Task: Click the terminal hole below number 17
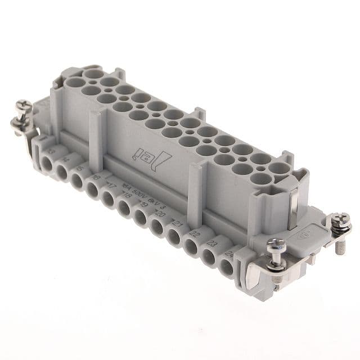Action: tap(109, 197)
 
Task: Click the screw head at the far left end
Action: tap(23, 105)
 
